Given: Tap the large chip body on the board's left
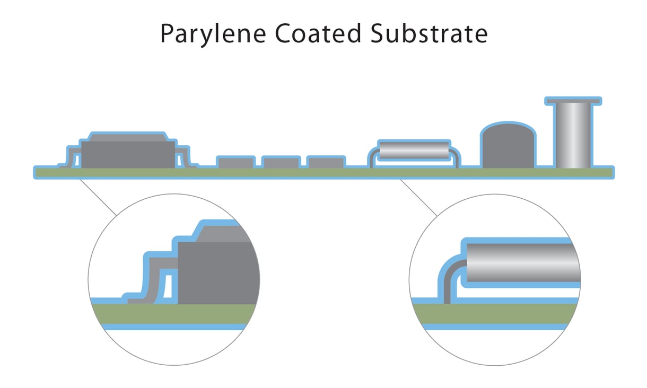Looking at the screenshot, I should pyautogui.click(x=128, y=153).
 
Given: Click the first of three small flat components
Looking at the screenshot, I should pyautogui.click(x=235, y=162).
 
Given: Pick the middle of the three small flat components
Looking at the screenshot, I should pyautogui.click(x=281, y=162).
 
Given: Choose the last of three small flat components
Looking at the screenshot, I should pyautogui.click(x=326, y=162).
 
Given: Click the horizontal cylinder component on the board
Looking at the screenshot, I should pyautogui.click(x=413, y=151).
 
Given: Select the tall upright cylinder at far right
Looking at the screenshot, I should pyautogui.click(x=573, y=135).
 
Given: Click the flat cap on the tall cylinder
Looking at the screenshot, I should pyautogui.click(x=573, y=100).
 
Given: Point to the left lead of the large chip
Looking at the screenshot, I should pyautogui.click(x=71, y=157).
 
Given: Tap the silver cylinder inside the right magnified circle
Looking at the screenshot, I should pyautogui.click(x=522, y=262).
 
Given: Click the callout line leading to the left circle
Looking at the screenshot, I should pyautogui.click(x=98, y=197).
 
